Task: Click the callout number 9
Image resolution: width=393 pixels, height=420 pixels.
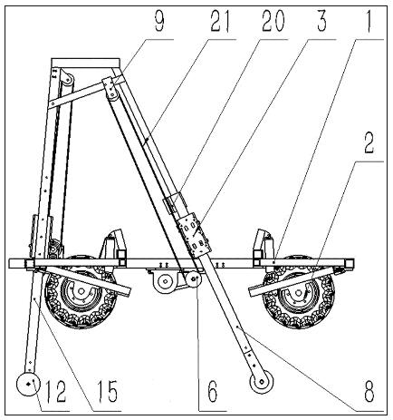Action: pyautogui.click(x=159, y=22)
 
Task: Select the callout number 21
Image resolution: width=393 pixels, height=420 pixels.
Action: pyautogui.click(x=220, y=22)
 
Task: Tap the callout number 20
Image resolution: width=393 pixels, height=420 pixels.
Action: pyautogui.click(x=273, y=22)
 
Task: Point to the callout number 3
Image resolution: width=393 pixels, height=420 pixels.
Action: pyautogui.click(x=321, y=22)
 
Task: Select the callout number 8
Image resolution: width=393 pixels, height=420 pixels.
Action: pyautogui.click(x=369, y=391)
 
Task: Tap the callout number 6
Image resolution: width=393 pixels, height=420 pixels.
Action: pyautogui.click(x=213, y=391)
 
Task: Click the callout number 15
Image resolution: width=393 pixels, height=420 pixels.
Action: pyautogui.click(x=107, y=391)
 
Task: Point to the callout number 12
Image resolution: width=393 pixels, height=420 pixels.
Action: pyautogui.click(x=56, y=391)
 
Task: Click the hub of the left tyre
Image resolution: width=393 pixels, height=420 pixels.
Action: pyautogui.click(x=81, y=291)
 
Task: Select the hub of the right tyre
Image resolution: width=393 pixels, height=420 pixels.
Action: pyautogui.click(x=298, y=293)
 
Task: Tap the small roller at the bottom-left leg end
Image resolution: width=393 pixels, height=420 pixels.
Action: pyautogui.click(x=28, y=384)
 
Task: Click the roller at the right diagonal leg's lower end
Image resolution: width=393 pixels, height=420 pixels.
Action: pyautogui.click(x=262, y=382)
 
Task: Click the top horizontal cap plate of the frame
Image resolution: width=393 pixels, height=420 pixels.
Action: pyautogui.click(x=86, y=63)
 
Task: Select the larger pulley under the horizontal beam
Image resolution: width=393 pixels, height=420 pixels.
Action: pyautogui.click(x=165, y=282)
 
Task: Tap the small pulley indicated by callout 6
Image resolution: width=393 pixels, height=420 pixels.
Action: pyautogui.click(x=194, y=278)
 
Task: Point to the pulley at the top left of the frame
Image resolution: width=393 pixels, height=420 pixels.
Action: pyautogui.click(x=68, y=80)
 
